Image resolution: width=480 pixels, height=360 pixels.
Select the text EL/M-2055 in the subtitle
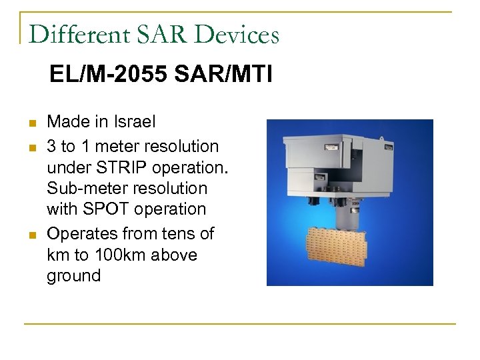pyautogui.click(x=109, y=75)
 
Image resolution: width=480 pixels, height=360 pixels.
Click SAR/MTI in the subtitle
pyautogui.click(x=223, y=75)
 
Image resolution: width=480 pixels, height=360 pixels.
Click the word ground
pyautogui.click(x=73, y=276)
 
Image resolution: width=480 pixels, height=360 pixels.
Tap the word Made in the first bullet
pyautogui.click(x=69, y=122)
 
